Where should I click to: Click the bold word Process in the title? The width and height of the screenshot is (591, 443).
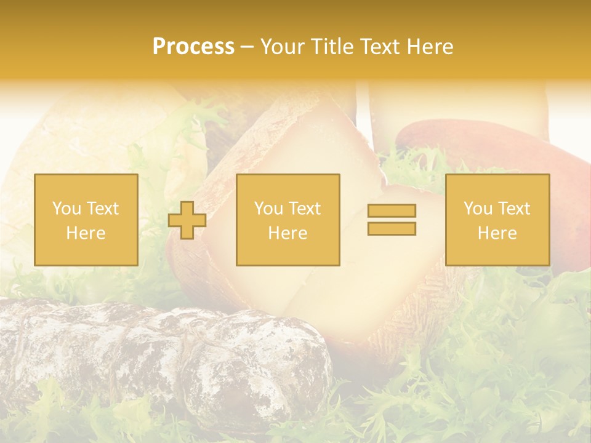click(x=193, y=47)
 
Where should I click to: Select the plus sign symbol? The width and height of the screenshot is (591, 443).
click(x=187, y=220)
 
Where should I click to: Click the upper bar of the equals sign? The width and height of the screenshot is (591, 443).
click(x=392, y=211)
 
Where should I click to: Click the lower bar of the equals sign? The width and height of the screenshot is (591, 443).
click(x=392, y=228)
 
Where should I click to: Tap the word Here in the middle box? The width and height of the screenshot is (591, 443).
click(x=288, y=233)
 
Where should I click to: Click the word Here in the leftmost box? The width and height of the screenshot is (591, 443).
click(x=86, y=233)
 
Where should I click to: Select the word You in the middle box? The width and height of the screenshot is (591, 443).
click(x=268, y=209)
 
